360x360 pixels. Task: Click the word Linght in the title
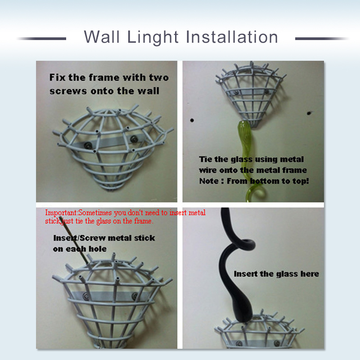pyautogui.click(x=153, y=37)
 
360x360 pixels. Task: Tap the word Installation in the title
pyautogui.click(x=232, y=37)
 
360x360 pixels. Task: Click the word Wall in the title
pyautogui.click(x=102, y=37)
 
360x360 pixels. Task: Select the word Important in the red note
pyautogui.click(x=61, y=212)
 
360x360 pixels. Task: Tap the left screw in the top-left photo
pyautogui.click(x=87, y=145)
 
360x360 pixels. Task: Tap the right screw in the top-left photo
pyautogui.click(x=134, y=139)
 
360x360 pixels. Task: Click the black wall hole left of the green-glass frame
pyautogui.click(x=192, y=120)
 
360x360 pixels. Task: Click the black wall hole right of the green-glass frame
pyautogui.click(x=309, y=113)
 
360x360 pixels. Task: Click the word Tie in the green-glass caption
pyautogui.click(x=206, y=159)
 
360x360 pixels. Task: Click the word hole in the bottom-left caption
pyautogui.click(x=98, y=249)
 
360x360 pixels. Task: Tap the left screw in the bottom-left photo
pyautogui.click(x=86, y=297)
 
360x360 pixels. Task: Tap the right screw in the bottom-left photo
pyautogui.click(x=135, y=296)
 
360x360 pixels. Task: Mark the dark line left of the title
pyautogui.click(x=41, y=39)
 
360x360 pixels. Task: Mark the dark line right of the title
pyautogui.click(x=322, y=39)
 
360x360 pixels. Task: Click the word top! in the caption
pyautogui.click(x=301, y=181)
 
